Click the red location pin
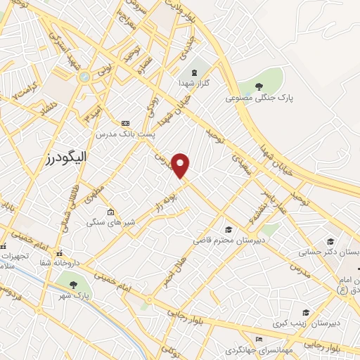(181, 165)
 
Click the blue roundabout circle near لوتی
(85, 77)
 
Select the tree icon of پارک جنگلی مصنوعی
(259, 86)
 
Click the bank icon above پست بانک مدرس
(125, 122)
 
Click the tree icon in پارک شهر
(74, 284)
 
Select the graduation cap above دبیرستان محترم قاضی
(228, 229)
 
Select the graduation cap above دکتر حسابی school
(329, 240)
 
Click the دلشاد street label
(47, 107)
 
